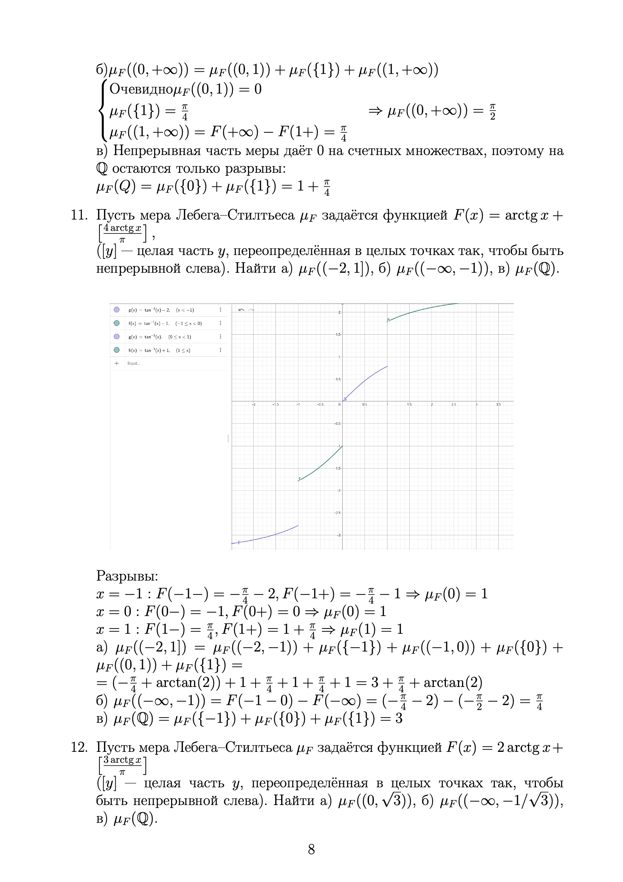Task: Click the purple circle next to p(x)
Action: [117, 310]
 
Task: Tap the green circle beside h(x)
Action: [117, 350]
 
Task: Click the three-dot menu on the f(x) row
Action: [220, 323]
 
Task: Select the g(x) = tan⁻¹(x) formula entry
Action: [160, 337]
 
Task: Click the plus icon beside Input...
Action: [117, 363]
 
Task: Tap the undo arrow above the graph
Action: [241, 310]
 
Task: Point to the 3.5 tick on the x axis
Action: [498, 404]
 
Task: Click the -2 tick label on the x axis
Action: [254, 404]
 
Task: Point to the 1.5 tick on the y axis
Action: [337, 335]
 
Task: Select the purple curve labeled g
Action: [365, 380]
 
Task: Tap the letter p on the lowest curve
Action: [239, 542]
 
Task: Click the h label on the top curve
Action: [389, 320]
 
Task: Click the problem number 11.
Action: [79, 215]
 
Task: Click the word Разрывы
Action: [127, 575]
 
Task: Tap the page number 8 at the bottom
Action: [311, 849]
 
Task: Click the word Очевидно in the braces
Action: [141, 89]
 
